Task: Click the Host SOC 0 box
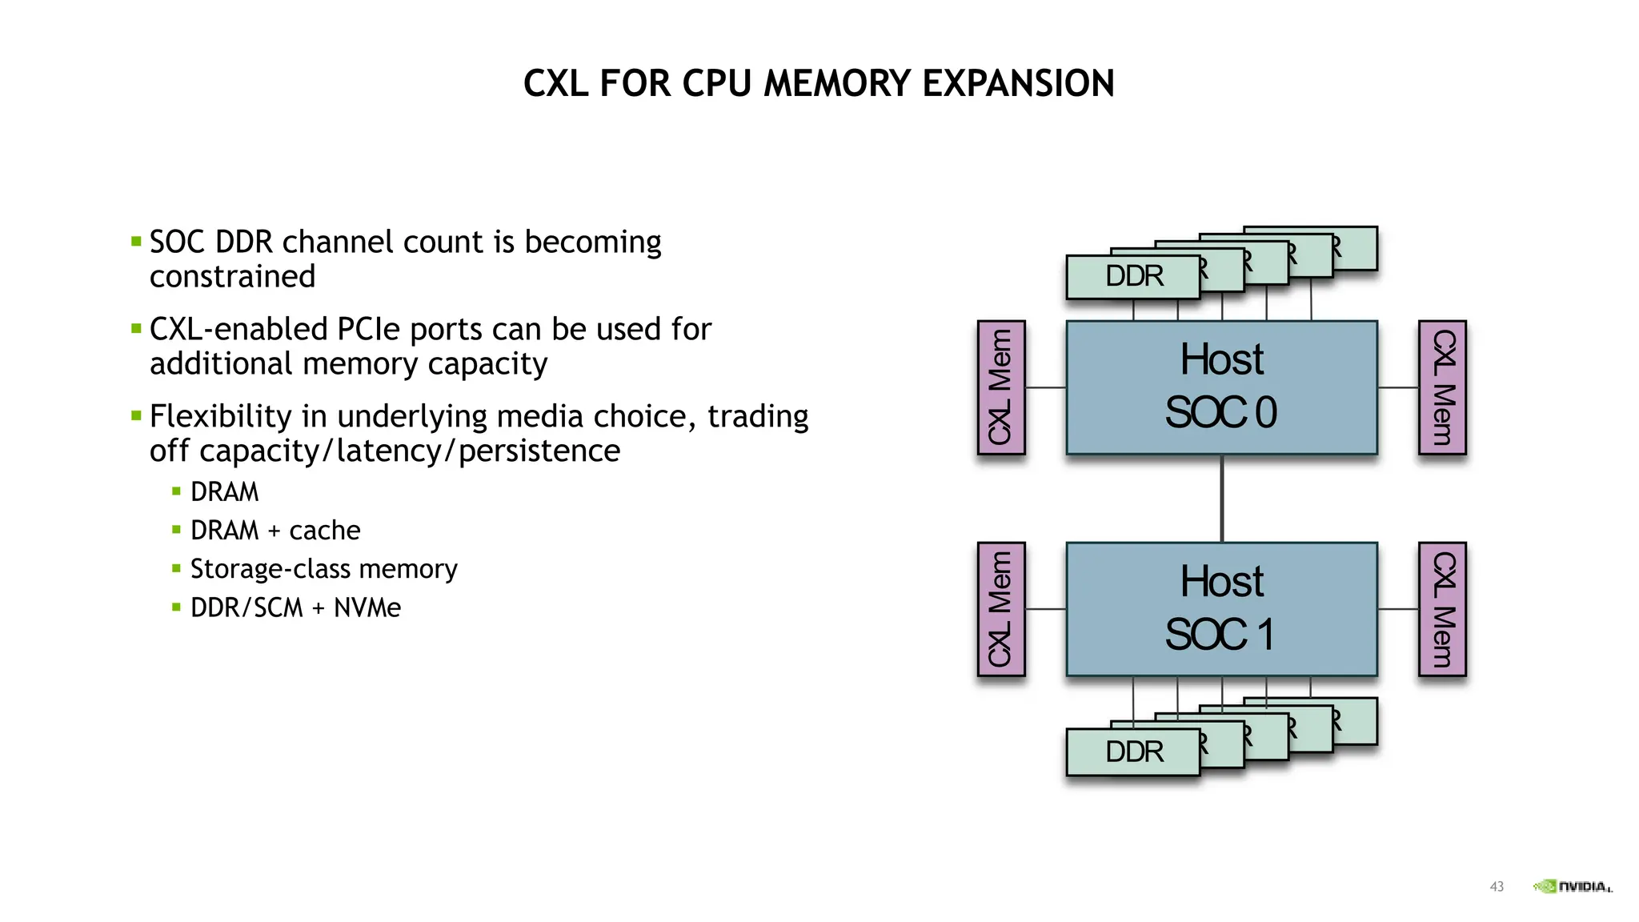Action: [1221, 387]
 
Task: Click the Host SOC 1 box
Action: [1221, 609]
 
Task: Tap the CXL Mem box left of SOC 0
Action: [1000, 387]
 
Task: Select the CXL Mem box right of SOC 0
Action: [1442, 387]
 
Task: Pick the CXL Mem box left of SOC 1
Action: [1000, 609]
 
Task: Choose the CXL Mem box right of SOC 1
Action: [1442, 609]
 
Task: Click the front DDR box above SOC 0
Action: [1133, 277]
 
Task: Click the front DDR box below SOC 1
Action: [1133, 752]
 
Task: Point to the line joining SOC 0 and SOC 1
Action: [1221, 499]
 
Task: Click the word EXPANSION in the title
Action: [1018, 84]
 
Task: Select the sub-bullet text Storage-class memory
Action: [323, 569]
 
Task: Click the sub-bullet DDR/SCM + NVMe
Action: [295, 607]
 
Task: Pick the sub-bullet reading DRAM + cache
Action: [275, 531]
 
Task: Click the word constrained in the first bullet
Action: [232, 277]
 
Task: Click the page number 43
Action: [1497, 887]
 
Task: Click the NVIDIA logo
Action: [1573, 887]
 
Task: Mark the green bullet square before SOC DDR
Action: [136, 241]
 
